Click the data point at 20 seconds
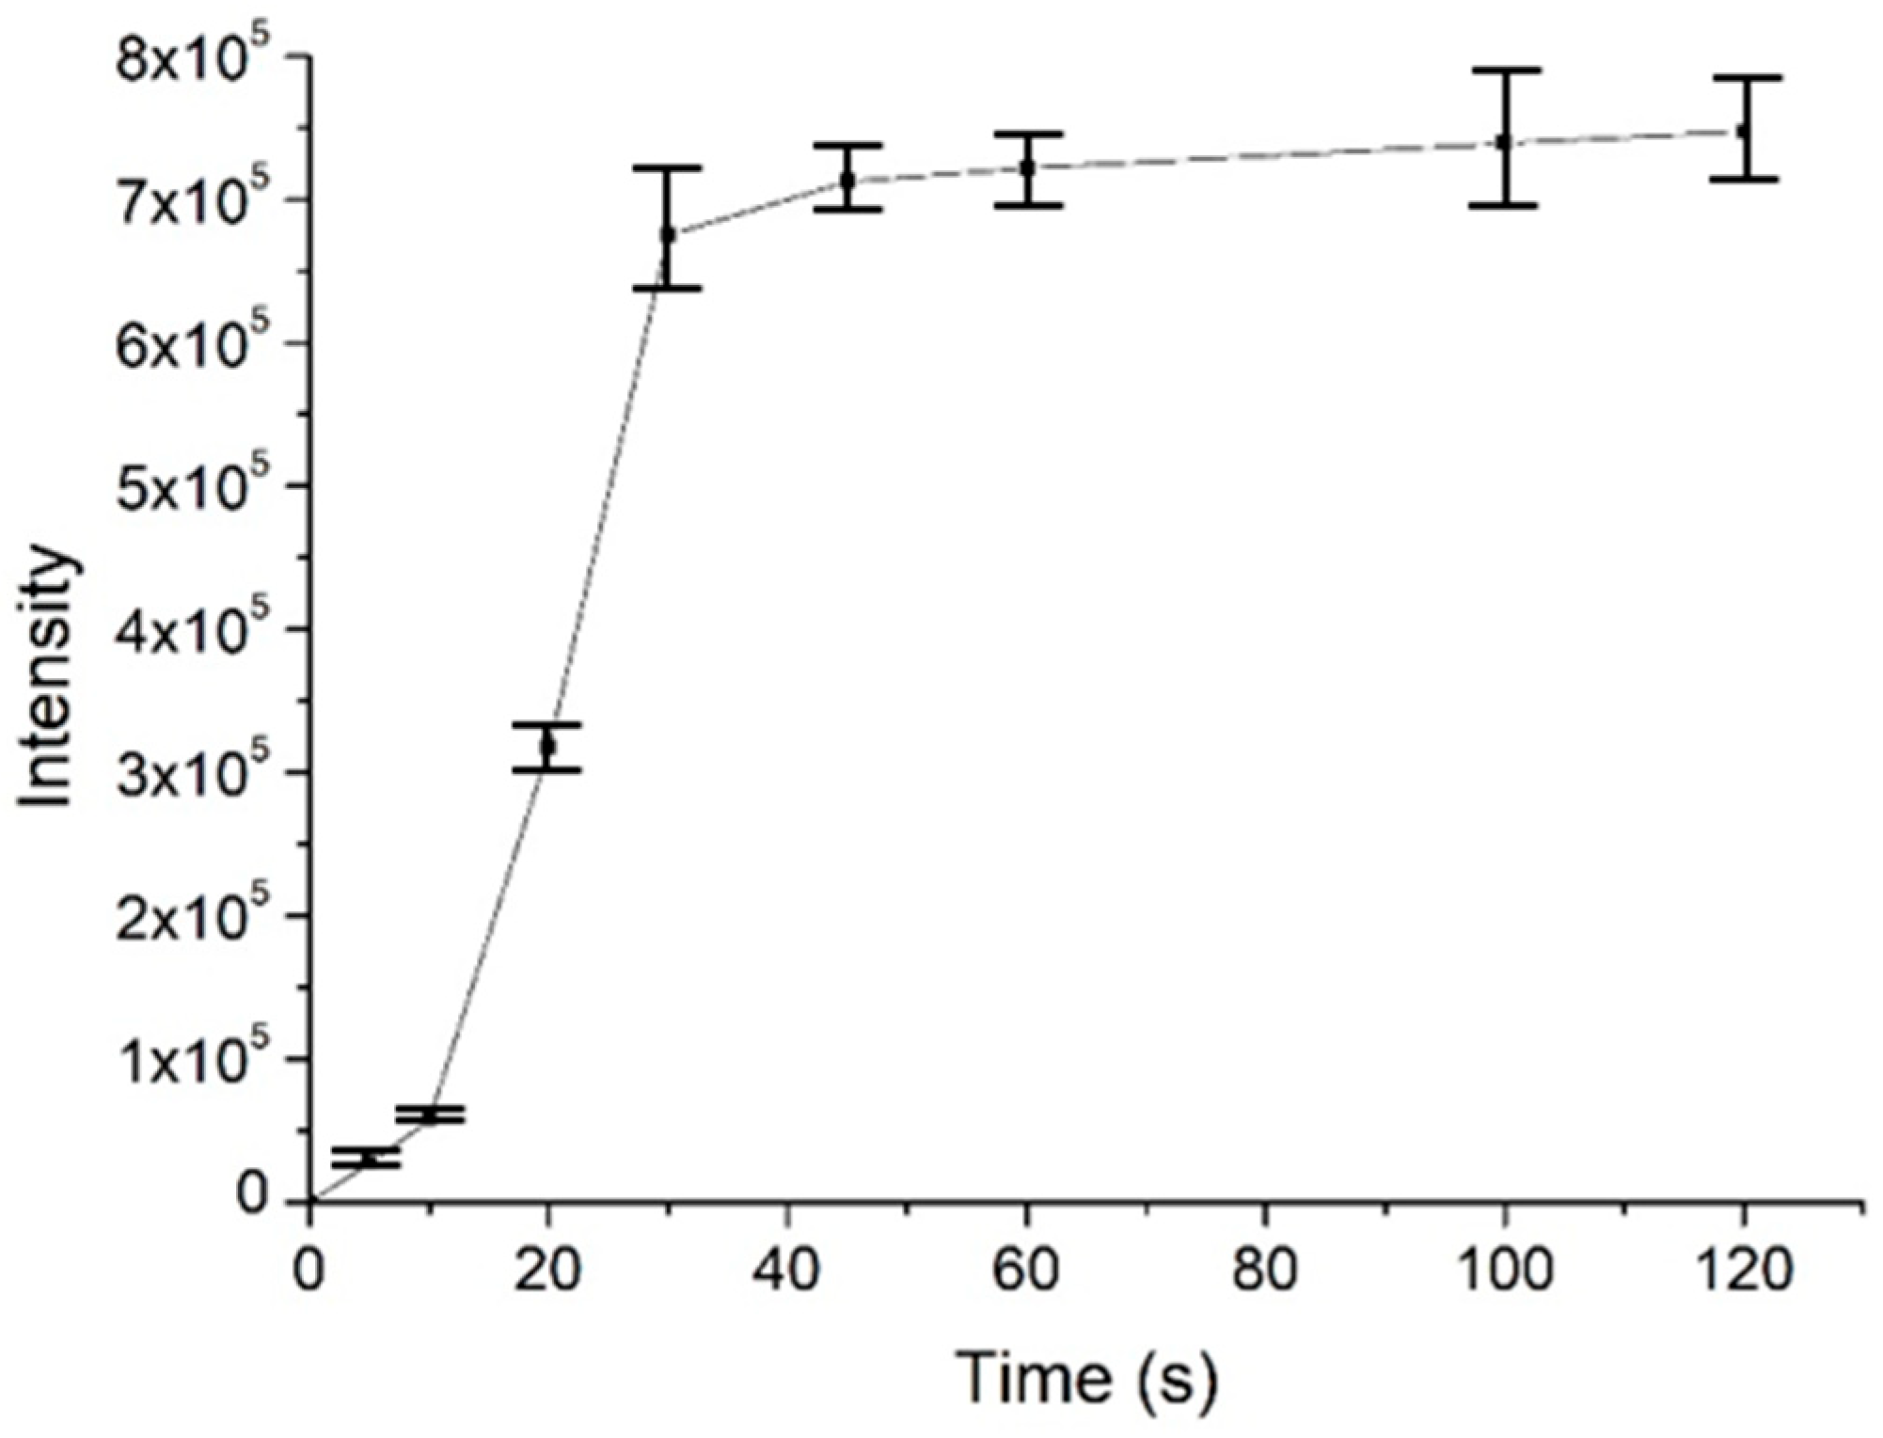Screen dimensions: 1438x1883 tap(547, 747)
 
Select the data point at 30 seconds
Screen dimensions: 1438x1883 tap(667, 234)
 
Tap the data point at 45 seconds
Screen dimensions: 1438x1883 tap(847, 179)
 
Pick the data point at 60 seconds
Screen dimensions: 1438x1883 tap(1027, 168)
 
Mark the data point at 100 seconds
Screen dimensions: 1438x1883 tap(1503, 141)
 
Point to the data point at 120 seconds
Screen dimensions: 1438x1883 tap(1743, 131)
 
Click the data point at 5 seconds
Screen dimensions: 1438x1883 tap(367, 1159)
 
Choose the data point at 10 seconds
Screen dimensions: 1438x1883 tap(430, 1115)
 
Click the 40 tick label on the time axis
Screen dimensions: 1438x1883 tap(787, 1271)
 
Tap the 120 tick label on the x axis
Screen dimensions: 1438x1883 tap(1743, 1271)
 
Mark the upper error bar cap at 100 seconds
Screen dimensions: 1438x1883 tap(1503, 71)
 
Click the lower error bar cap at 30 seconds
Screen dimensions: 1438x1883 tap(667, 288)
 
